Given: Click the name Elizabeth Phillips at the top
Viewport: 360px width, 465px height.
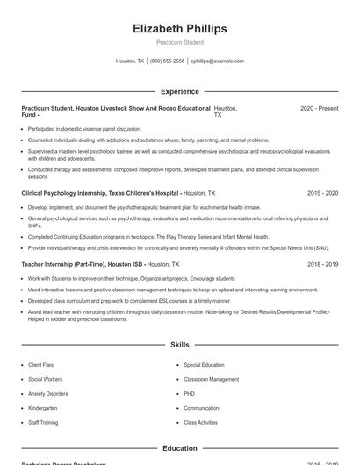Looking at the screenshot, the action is tap(179, 29).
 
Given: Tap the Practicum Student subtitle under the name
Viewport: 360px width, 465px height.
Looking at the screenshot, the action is tap(179, 42).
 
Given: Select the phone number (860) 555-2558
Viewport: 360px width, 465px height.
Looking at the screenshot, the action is tap(167, 61).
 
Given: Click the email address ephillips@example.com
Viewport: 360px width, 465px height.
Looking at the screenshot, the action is tap(217, 61).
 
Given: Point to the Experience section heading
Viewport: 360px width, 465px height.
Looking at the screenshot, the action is tap(179, 91).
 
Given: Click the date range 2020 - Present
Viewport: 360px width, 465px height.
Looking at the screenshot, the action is tap(319, 108).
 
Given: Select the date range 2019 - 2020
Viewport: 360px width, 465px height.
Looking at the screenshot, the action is tap(322, 192).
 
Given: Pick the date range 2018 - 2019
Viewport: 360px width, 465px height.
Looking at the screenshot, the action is tap(322, 263).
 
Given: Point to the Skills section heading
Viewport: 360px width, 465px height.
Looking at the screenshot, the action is tap(179, 346).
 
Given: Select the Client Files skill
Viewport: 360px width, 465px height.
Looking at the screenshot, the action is tap(40, 364).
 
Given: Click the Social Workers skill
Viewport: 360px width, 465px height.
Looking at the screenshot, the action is tap(44, 379).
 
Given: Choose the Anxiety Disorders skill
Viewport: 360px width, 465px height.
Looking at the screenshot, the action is tap(47, 394).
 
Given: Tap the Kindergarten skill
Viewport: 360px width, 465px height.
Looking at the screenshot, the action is tap(42, 408).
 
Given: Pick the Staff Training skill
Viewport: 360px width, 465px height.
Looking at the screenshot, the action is tap(43, 423).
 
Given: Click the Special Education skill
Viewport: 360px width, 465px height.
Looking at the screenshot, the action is tap(204, 364).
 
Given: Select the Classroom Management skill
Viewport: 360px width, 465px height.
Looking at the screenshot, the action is tap(211, 379).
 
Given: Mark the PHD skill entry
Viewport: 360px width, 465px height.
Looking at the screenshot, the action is tap(189, 394).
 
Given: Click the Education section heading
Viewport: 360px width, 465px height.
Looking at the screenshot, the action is tap(179, 448).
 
